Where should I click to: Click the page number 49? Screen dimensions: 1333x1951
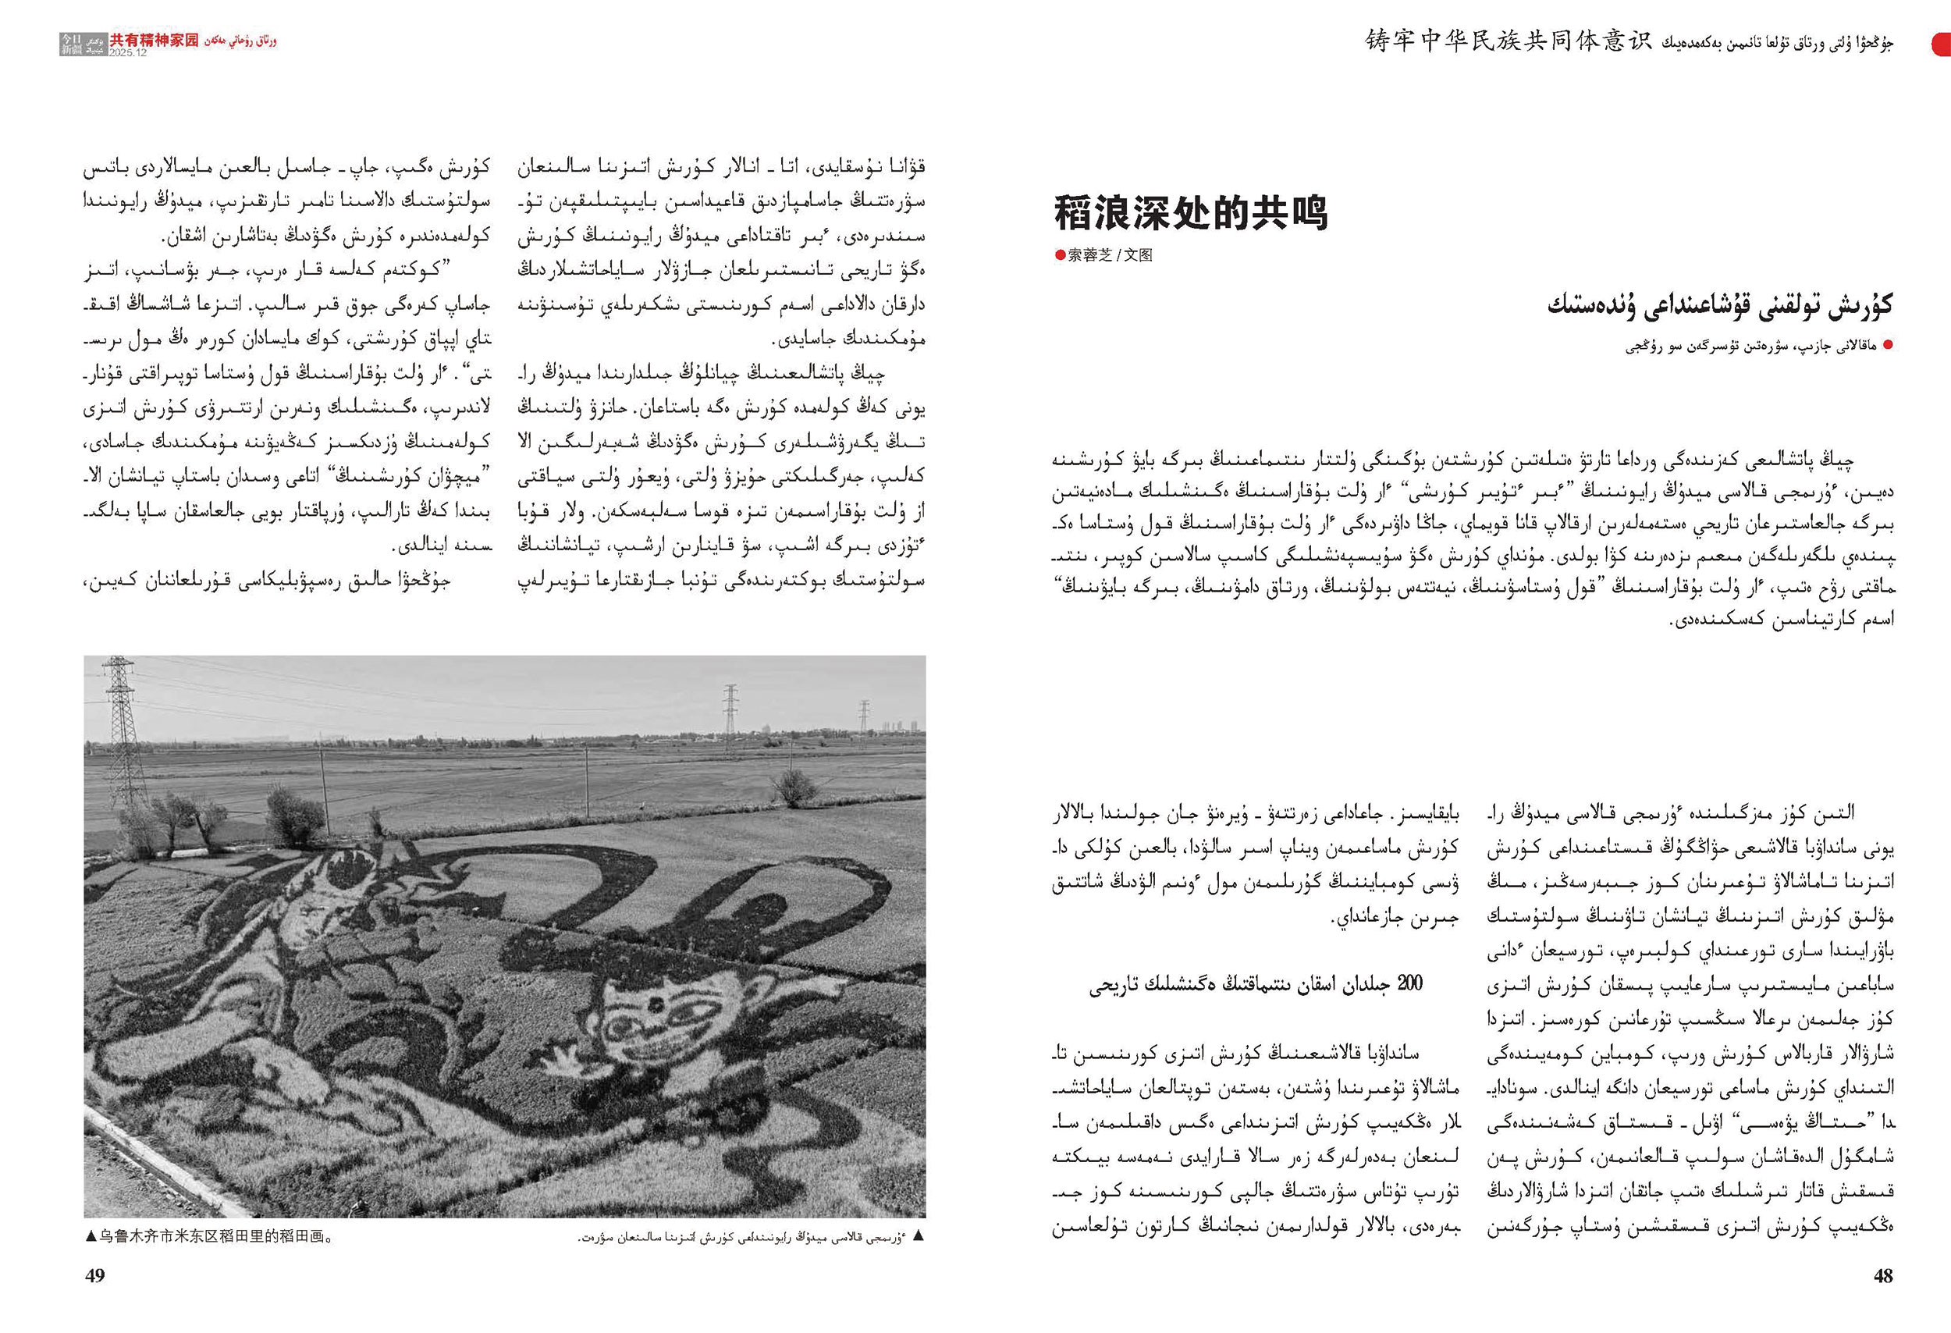[x=95, y=1276]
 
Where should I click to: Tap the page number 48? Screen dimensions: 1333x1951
[x=1883, y=1276]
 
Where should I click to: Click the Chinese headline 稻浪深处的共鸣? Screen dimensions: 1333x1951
[x=1190, y=213]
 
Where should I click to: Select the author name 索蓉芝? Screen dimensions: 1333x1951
[x=1089, y=255]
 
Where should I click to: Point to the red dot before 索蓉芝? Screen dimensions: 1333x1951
[x=1061, y=255]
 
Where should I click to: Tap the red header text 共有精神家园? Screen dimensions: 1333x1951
[x=155, y=40]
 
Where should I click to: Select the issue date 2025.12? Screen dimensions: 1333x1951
[x=128, y=52]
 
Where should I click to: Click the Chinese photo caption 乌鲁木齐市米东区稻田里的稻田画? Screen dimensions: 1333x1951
[x=215, y=1236]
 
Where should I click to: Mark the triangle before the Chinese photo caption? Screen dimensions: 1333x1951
[x=91, y=1236]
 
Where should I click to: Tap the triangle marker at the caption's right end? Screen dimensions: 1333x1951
[x=919, y=1236]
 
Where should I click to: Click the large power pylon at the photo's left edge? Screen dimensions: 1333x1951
[x=122, y=730]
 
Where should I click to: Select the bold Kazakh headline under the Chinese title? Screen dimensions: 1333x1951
[x=1720, y=304]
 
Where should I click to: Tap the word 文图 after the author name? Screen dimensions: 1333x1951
[x=1139, y=255]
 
